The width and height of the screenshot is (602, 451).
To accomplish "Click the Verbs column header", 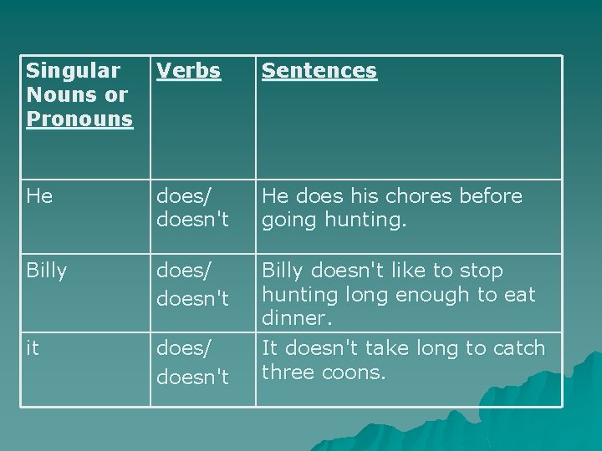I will pyautogui.click(x=189, y=71).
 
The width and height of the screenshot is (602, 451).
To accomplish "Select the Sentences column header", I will pyautogui.click(x=319, y=71).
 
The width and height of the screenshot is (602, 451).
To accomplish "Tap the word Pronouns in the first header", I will pyautogui.click(x=79, y=119).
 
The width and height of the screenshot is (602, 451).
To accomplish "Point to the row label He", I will pyautogui.click(x=38, y=196).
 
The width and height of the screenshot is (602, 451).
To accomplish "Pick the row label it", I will pyautogui.click(x=32, y=347).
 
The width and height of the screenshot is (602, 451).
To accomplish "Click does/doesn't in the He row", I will pyautogui.click(x=193, y=208).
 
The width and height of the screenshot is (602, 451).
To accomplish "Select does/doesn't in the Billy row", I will pyautogui.click(x=193, y=284).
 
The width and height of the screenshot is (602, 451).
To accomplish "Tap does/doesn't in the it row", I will pyautogui.click(x=193, y=362).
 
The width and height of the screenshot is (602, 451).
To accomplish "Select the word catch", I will pyautogui.click(x=518, y=347).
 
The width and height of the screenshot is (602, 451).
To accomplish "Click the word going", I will pyautogui.click(x=288, y=220).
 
